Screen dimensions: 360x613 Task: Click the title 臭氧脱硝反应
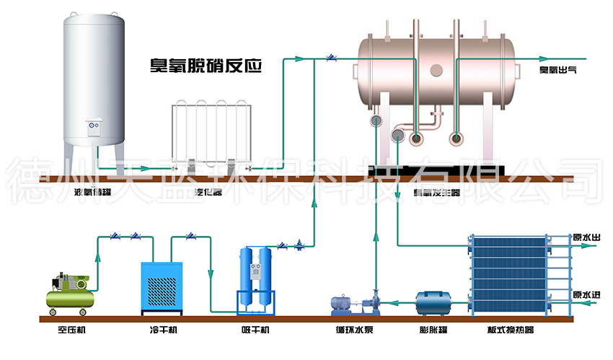coord(205,66)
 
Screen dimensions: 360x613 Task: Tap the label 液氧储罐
coord(93,192)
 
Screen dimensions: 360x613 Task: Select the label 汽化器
coord(208,192)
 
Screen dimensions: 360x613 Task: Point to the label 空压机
coord(71,331)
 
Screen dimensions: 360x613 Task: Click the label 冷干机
coord(163,331)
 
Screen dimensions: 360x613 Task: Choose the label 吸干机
coord(255,331)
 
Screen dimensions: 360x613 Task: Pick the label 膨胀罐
coord(433,331)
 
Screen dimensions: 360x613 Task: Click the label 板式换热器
coord(511,331)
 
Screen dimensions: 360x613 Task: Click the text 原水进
coord(586,295)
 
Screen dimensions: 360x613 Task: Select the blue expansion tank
coord(433,302)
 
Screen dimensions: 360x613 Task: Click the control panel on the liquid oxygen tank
coord(94,126)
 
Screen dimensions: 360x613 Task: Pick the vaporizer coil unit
coord(207,134)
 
